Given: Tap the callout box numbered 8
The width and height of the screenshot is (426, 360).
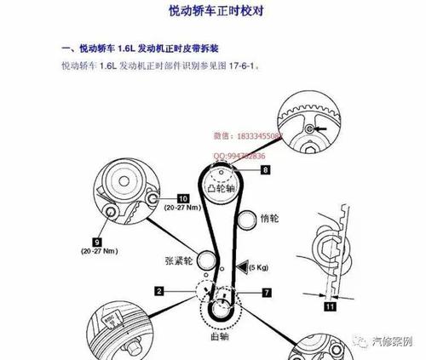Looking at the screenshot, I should pyautogui.click(x=265, y=171).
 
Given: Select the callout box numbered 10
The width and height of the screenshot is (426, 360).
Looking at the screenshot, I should pyautogui.click(x=182, y=197).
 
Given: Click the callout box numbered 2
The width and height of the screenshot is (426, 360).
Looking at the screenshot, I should pyautogui.click(x=158, y=291).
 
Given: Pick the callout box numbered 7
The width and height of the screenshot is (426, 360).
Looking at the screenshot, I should pyautogui.click(x=267, y=292).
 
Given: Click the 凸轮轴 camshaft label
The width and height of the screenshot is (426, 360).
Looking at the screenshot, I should pyautogui.click(x=224, y=186).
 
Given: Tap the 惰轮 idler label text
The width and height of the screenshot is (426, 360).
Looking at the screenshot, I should pyautogui.click(x=269, y=219).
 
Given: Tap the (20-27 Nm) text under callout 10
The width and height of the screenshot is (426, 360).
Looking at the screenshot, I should pyautogui.click(x=182, y=209).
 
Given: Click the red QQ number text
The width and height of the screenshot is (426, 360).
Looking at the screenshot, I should pyautogui.click(x=239, y=157).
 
